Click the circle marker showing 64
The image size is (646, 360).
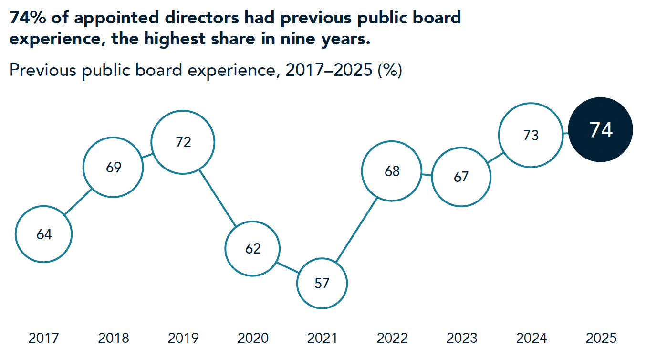pyautogui.click(x=44, y=234)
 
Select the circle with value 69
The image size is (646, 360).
pyautogui.click(x=114, y=168)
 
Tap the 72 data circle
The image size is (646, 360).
pyautogui.click(x=183, y=142)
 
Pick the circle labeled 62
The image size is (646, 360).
pyautogui.click(x=253, y=248)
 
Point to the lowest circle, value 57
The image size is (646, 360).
pyautogui.click(x=322, y=283)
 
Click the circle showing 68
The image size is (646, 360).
pyautogui.click(x=392, y=171)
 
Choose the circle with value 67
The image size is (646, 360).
pyautogui.click(x=461, y=177)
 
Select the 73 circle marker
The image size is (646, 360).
pyautogui.click(x=531, y=135)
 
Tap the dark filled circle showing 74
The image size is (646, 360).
pyautogui.click(x=601, y=130)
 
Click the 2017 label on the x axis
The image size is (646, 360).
pyautogui.click(x=44, y=339)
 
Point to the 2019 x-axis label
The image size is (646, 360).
pyautogui.click(x=183, y=339)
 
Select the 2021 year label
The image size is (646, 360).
pyautogui.click(x=322, y=339)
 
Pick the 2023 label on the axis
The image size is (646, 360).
pyautogui.click(x=461, y=339)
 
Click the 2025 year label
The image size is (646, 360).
pyautogui.click(x=601, y=339)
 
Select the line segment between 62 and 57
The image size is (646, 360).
pyautogui.click(x=288, y=266)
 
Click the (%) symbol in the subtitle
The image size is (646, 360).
pyautogui.click(x=389, y=71)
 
